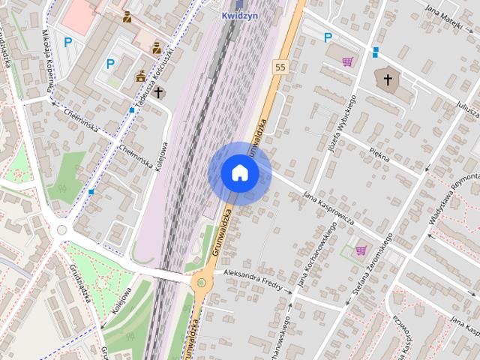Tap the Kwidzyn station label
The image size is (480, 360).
pos(240,14)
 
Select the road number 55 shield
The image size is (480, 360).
pos(280,67)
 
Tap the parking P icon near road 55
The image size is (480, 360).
pos(327,37)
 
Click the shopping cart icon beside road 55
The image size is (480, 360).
pos(347,61)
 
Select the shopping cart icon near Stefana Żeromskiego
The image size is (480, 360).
pos(361,250)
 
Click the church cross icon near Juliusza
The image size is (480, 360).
pos(388,79)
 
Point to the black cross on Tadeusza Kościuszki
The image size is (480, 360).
pos(158,93)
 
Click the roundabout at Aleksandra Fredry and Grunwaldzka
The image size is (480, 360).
pos(200,283)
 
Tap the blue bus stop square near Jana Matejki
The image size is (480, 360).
pos(375,52)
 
